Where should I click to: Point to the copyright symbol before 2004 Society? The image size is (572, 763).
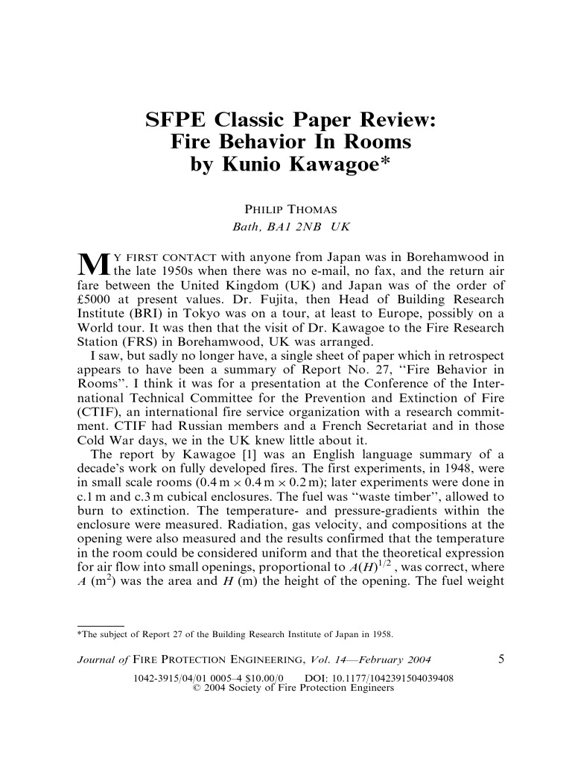(196, 688)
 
